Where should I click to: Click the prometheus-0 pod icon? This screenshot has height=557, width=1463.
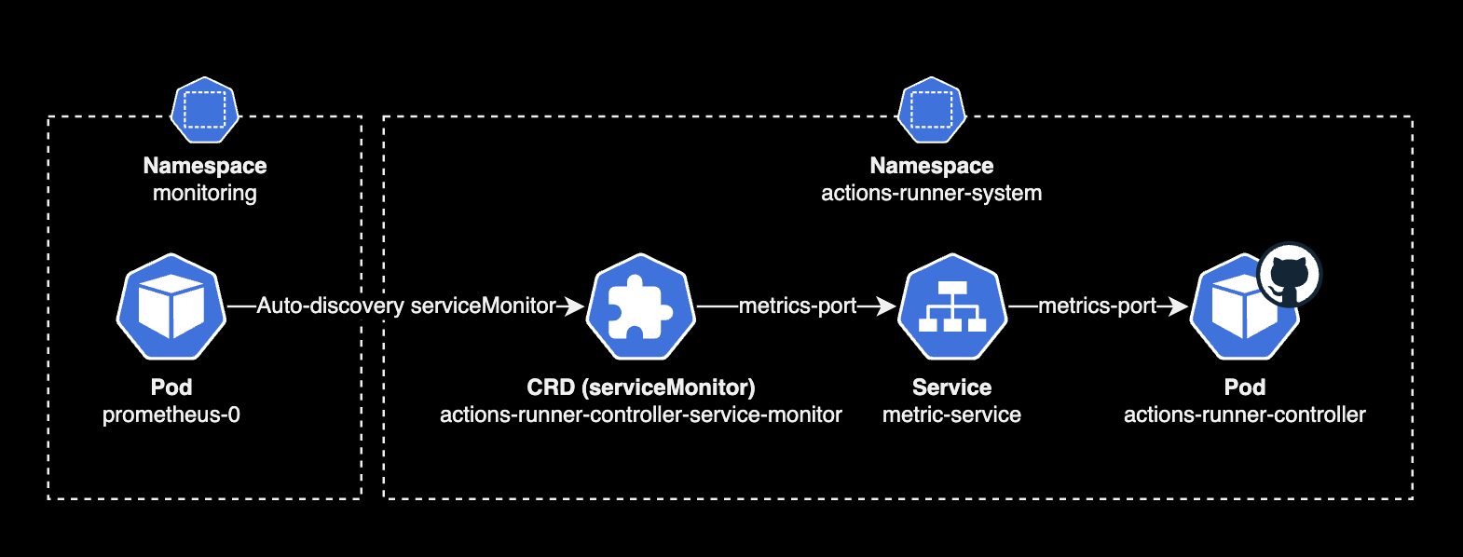coord(171,306)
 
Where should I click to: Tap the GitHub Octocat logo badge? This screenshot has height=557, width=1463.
coord(1289,276)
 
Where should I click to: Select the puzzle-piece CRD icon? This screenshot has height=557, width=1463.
coord(640,306)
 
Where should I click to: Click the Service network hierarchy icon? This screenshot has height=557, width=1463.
coord(951,306)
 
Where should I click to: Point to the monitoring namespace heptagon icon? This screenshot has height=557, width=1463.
coord(205,110)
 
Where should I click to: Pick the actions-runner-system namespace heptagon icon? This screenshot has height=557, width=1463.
coord(931,110)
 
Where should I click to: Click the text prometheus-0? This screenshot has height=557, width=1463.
coord(171,414)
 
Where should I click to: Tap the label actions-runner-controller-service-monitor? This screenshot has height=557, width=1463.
coord(640,414)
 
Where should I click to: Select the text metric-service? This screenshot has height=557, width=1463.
coord(951,414)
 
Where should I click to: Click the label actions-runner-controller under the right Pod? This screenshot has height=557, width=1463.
coord(1244,414)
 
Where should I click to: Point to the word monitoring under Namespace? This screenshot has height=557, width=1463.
coord(205,193)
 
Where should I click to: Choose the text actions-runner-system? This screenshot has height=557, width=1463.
coord(931,193)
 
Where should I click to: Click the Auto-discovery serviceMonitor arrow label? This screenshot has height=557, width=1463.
coord(405,306)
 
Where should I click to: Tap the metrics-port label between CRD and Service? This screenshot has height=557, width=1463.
coord(798,306)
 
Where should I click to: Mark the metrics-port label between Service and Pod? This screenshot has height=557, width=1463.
coord(1097,306)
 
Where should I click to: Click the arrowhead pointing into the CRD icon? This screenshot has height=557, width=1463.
coord(575,306)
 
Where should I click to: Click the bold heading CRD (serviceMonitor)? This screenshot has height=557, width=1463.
coord(640,387)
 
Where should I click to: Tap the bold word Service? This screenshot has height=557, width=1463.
coord(951,387)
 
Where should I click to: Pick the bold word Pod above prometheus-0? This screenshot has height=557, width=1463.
coord(171,387)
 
